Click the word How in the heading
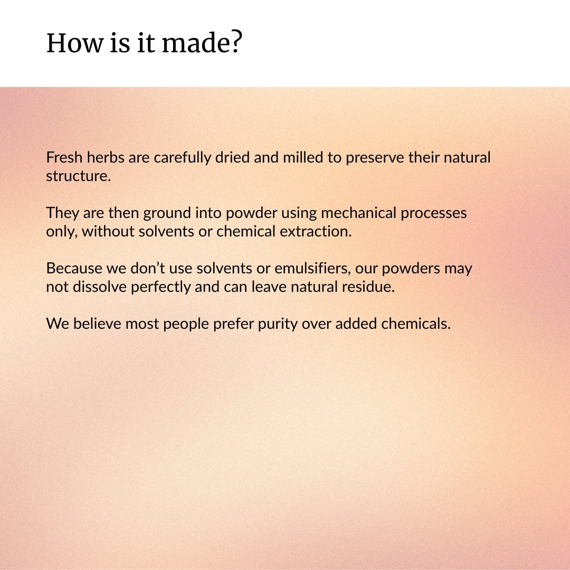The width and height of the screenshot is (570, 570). pyautogui.click(x=75, y=43)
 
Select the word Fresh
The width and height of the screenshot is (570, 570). pyautogui.click(x=64, y=157)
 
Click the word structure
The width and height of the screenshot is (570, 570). pyautogui.click(x=78, y=176)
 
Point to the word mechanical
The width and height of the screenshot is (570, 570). pyautogui.click(x=358, y=213)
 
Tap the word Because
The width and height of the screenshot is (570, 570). pyautogui.click(x=74, y=268)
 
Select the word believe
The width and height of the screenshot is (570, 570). pyautogui.click(x=97, y=324)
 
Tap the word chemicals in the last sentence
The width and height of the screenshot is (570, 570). pyautogui.click(x=416, y=324)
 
